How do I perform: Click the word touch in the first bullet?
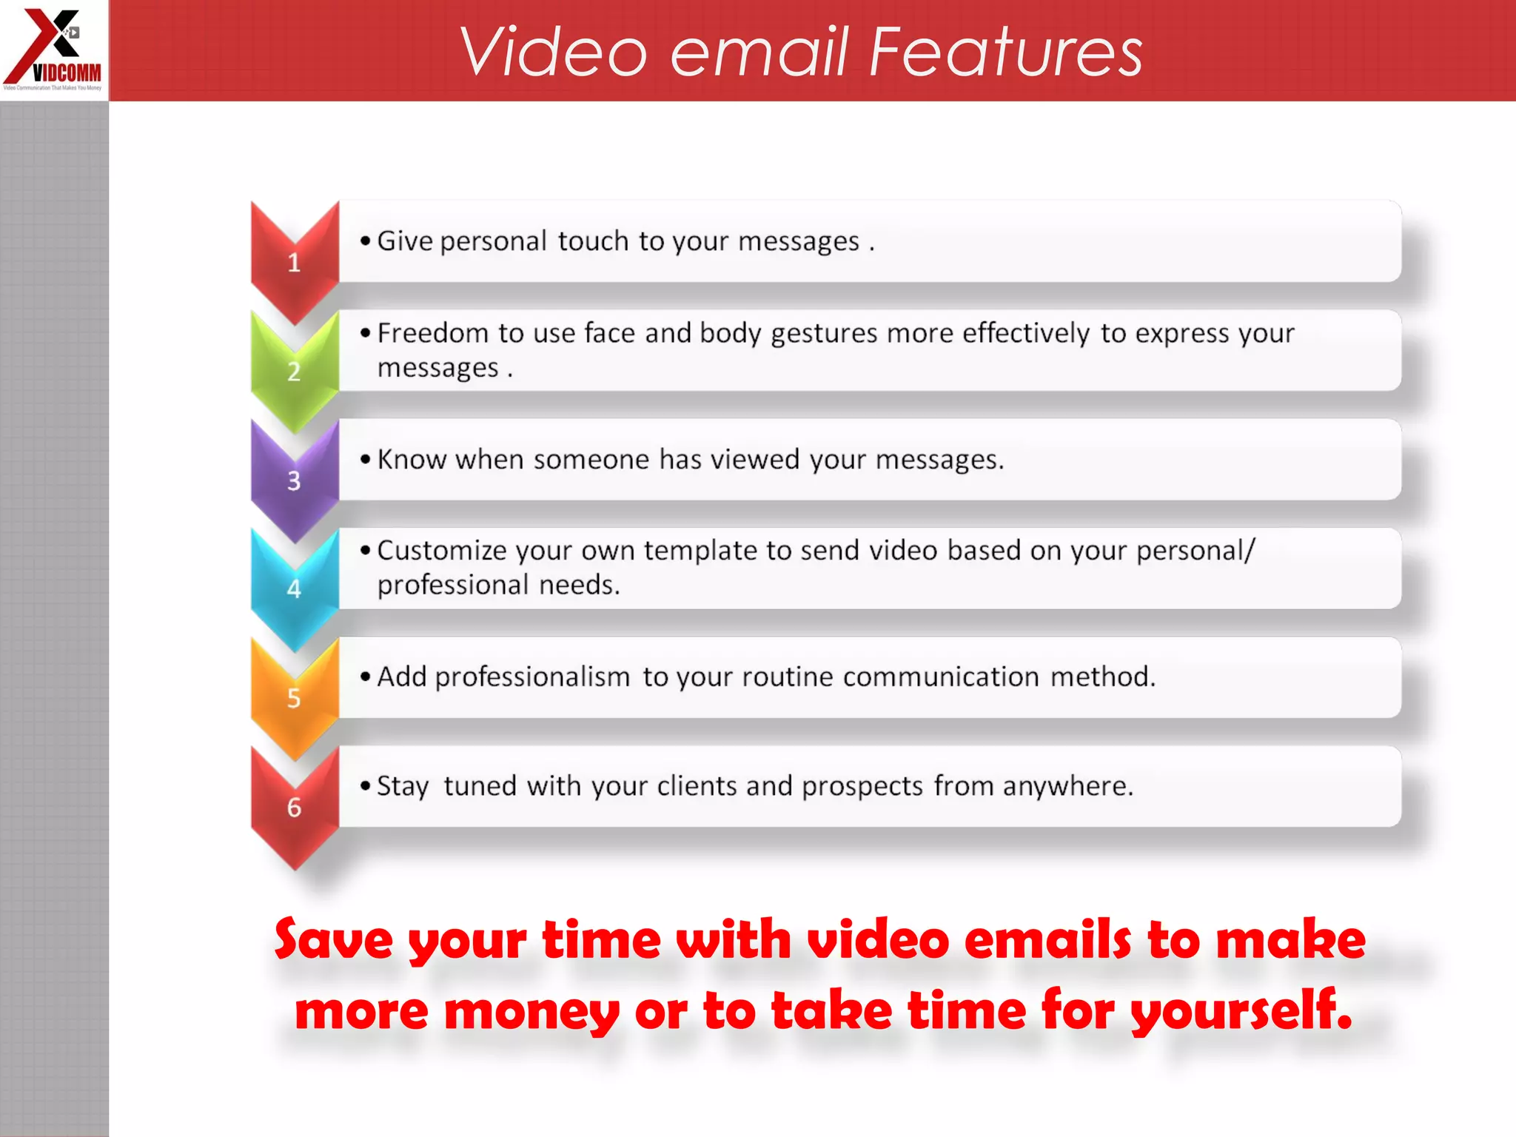593,241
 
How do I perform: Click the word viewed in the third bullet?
755,460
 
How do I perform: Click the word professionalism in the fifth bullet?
532,677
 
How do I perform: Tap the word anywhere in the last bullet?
1067,786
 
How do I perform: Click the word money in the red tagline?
531,1012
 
